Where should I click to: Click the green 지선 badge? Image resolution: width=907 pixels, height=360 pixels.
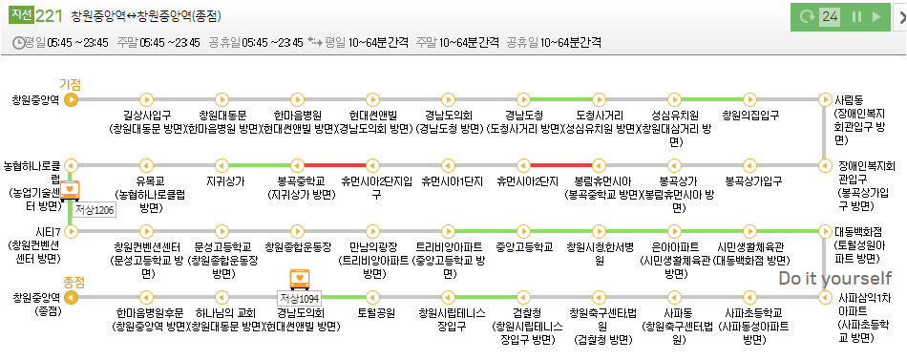(x=21, y=16)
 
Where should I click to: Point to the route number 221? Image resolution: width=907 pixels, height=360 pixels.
(x=50, y=16)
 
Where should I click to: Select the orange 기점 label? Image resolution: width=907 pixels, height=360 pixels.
(x=70, y=84)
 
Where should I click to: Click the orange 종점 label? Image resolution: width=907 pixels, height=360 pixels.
(x=74, y=282)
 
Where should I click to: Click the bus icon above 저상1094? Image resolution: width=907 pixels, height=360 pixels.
(x=300, y=279)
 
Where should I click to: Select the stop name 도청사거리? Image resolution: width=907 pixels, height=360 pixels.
(x=601, y=116)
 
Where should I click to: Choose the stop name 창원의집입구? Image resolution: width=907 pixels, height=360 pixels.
(x=750, y=116)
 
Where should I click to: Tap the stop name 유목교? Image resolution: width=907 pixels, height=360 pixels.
(x=149, y=180)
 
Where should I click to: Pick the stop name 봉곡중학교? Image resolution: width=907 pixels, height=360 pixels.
(x=299, y=180)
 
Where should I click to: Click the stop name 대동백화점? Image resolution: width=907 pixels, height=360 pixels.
(x=858, y=232)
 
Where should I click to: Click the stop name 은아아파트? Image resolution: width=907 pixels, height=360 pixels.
(x=675, y=246)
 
